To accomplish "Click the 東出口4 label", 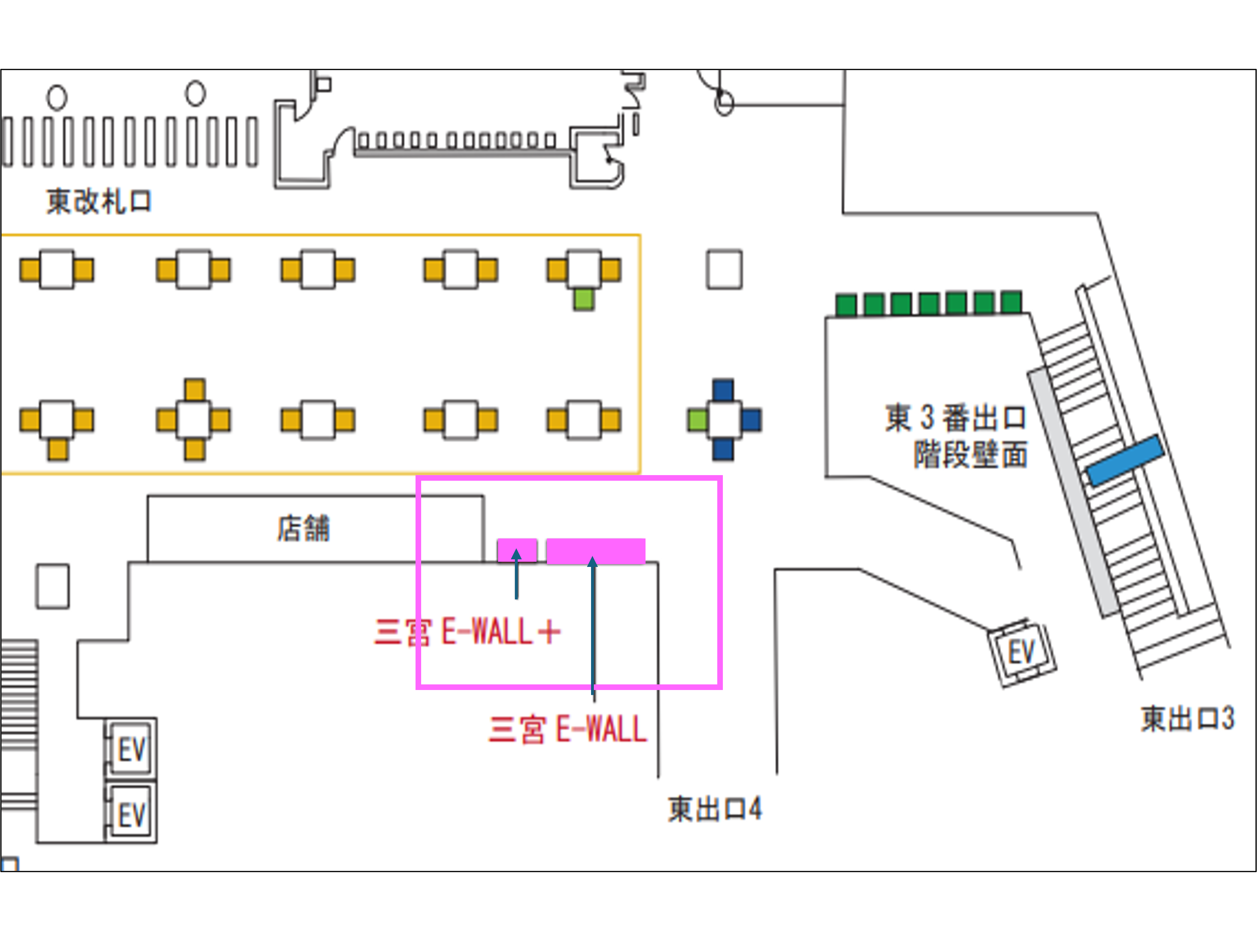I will (714, 809).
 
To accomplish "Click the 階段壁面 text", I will (970, 455).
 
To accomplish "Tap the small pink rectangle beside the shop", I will (517, 550).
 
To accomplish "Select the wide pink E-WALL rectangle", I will (595, 550).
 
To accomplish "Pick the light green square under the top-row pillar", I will (583, 299).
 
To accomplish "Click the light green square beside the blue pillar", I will (697, 420).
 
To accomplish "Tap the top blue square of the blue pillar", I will (723, 391).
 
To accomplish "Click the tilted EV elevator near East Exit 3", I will (1021, 652).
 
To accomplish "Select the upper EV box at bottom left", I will (132, 749).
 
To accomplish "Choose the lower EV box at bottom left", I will (132, 814).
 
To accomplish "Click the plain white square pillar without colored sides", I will (724, 269).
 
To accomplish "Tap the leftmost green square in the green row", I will (846, 305).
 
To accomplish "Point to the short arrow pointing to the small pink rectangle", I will (516, 574).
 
